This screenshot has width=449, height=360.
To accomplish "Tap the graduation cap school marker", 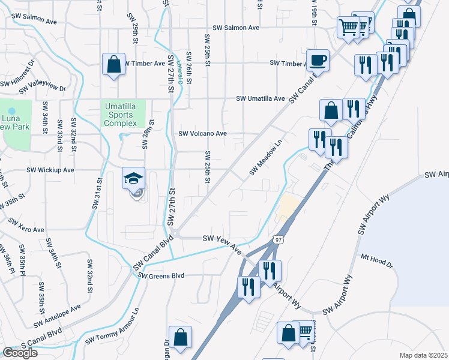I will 133,178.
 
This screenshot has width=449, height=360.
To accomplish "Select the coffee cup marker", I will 318,61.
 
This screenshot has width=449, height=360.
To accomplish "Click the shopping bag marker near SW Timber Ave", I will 113,64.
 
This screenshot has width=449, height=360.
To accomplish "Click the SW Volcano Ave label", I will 202,134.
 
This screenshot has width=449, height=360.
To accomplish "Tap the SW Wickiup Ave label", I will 50,170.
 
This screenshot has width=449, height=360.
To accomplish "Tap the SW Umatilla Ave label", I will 260,98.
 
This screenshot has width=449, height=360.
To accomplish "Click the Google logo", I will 20,353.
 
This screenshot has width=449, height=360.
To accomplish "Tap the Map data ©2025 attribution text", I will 424,355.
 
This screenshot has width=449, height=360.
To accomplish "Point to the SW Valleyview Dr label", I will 42,89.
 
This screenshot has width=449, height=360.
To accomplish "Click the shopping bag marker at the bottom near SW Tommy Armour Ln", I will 180,337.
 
